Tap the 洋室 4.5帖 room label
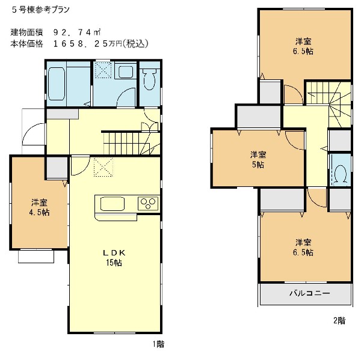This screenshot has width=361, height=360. [x=41, y=207]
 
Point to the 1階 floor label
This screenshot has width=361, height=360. [x=158, y=344]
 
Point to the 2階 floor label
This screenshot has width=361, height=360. [x=339, y=320]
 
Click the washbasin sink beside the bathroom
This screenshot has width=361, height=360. [x=128, y=73]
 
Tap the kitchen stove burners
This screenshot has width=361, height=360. [x=147, y=203]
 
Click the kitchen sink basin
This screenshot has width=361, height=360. [x=113, y=203]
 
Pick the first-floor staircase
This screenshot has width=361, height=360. [x=126, y=143]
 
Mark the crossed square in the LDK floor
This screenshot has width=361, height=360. [x=103, y=166]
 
